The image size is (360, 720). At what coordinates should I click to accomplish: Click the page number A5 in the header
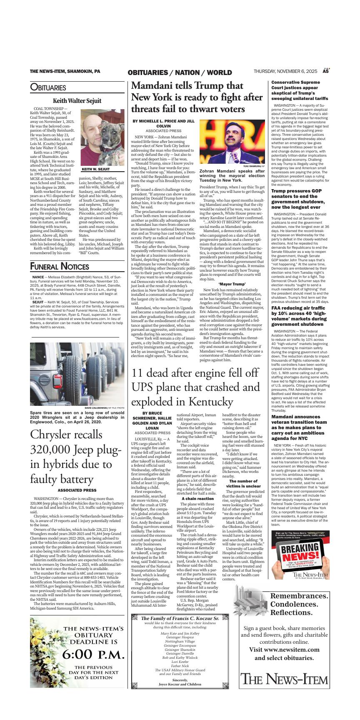pos(326,72)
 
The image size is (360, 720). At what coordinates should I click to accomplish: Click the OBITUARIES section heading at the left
pos(48,87)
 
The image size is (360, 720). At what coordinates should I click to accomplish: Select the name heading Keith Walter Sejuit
pos(77,101)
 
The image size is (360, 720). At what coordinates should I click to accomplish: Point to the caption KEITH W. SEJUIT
pos(95,170)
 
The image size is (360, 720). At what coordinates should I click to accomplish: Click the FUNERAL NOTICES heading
pos(60,267)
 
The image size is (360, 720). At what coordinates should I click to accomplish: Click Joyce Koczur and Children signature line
pos(180,684)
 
